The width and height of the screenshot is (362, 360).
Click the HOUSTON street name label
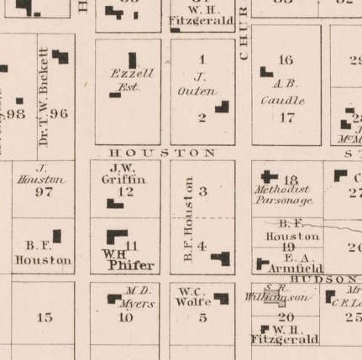point(162,153)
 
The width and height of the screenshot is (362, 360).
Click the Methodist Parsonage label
point(284,195)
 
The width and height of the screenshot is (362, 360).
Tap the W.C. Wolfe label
point(193,298)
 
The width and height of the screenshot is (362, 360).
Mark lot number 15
point(45,317)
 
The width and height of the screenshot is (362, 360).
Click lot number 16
point(286,60)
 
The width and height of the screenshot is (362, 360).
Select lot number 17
point(287,117)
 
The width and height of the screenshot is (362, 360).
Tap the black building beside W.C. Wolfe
point(221,297)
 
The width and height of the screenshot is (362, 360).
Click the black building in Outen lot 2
point(223,107)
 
